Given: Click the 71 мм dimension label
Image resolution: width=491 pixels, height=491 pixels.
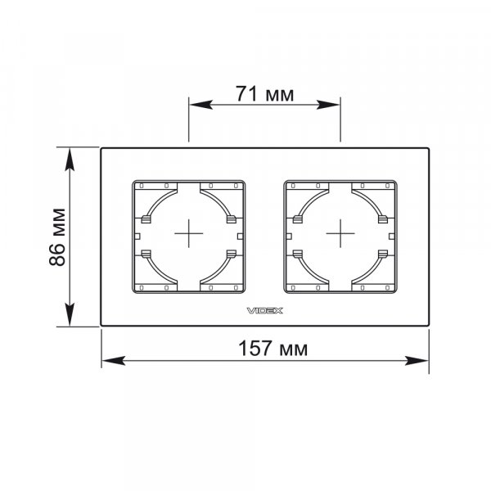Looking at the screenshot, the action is pyautogui.click(x=264, y=94).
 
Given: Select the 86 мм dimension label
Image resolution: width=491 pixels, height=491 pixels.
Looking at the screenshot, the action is pyautogui.click(x=57, y=237).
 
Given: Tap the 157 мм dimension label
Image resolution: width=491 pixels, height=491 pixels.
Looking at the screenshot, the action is pyautogui.click(x=273, y=349).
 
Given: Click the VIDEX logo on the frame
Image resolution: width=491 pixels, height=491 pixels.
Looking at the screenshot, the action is pyautogui.click(x=265, y=311).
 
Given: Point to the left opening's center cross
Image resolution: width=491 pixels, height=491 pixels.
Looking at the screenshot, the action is pyautogui.click(x=189, y=233).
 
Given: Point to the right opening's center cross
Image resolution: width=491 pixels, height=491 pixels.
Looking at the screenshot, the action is pyautogui.click(x=340, y=233).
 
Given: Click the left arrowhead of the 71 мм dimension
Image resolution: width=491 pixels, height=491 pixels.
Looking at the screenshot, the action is pyautogui.click(x=201, y=105).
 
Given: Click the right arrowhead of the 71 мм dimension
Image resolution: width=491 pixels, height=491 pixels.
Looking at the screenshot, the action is pyautogui.click(x=328, y=105).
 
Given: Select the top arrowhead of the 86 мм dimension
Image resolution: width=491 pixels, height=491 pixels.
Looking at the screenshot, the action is pyautogui.click(x=70, y=160).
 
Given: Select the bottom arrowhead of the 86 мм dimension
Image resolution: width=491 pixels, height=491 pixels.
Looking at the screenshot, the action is pyautogui.click(x=70, y=314).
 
